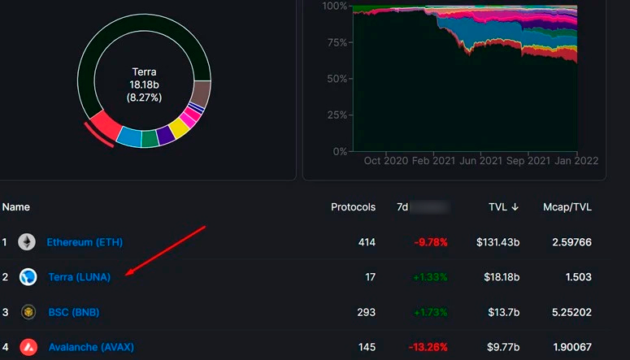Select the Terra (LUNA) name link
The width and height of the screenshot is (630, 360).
[80, 277]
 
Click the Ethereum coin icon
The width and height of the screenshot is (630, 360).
[28, 242]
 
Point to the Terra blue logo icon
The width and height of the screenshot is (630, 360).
[28, 277]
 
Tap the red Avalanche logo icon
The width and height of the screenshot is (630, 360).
[28, 347]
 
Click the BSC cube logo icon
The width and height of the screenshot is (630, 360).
[28, 312]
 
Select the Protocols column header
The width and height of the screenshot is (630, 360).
[353, 207]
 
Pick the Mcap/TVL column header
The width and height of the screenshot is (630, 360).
[567, 207]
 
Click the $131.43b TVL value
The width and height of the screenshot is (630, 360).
[497, 242]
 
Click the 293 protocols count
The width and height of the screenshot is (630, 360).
[366, 312]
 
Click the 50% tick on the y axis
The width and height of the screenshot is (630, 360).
[336, 79]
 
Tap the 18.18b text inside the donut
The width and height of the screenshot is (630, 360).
[145, 85]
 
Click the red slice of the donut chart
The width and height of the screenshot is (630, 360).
[105, 126]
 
